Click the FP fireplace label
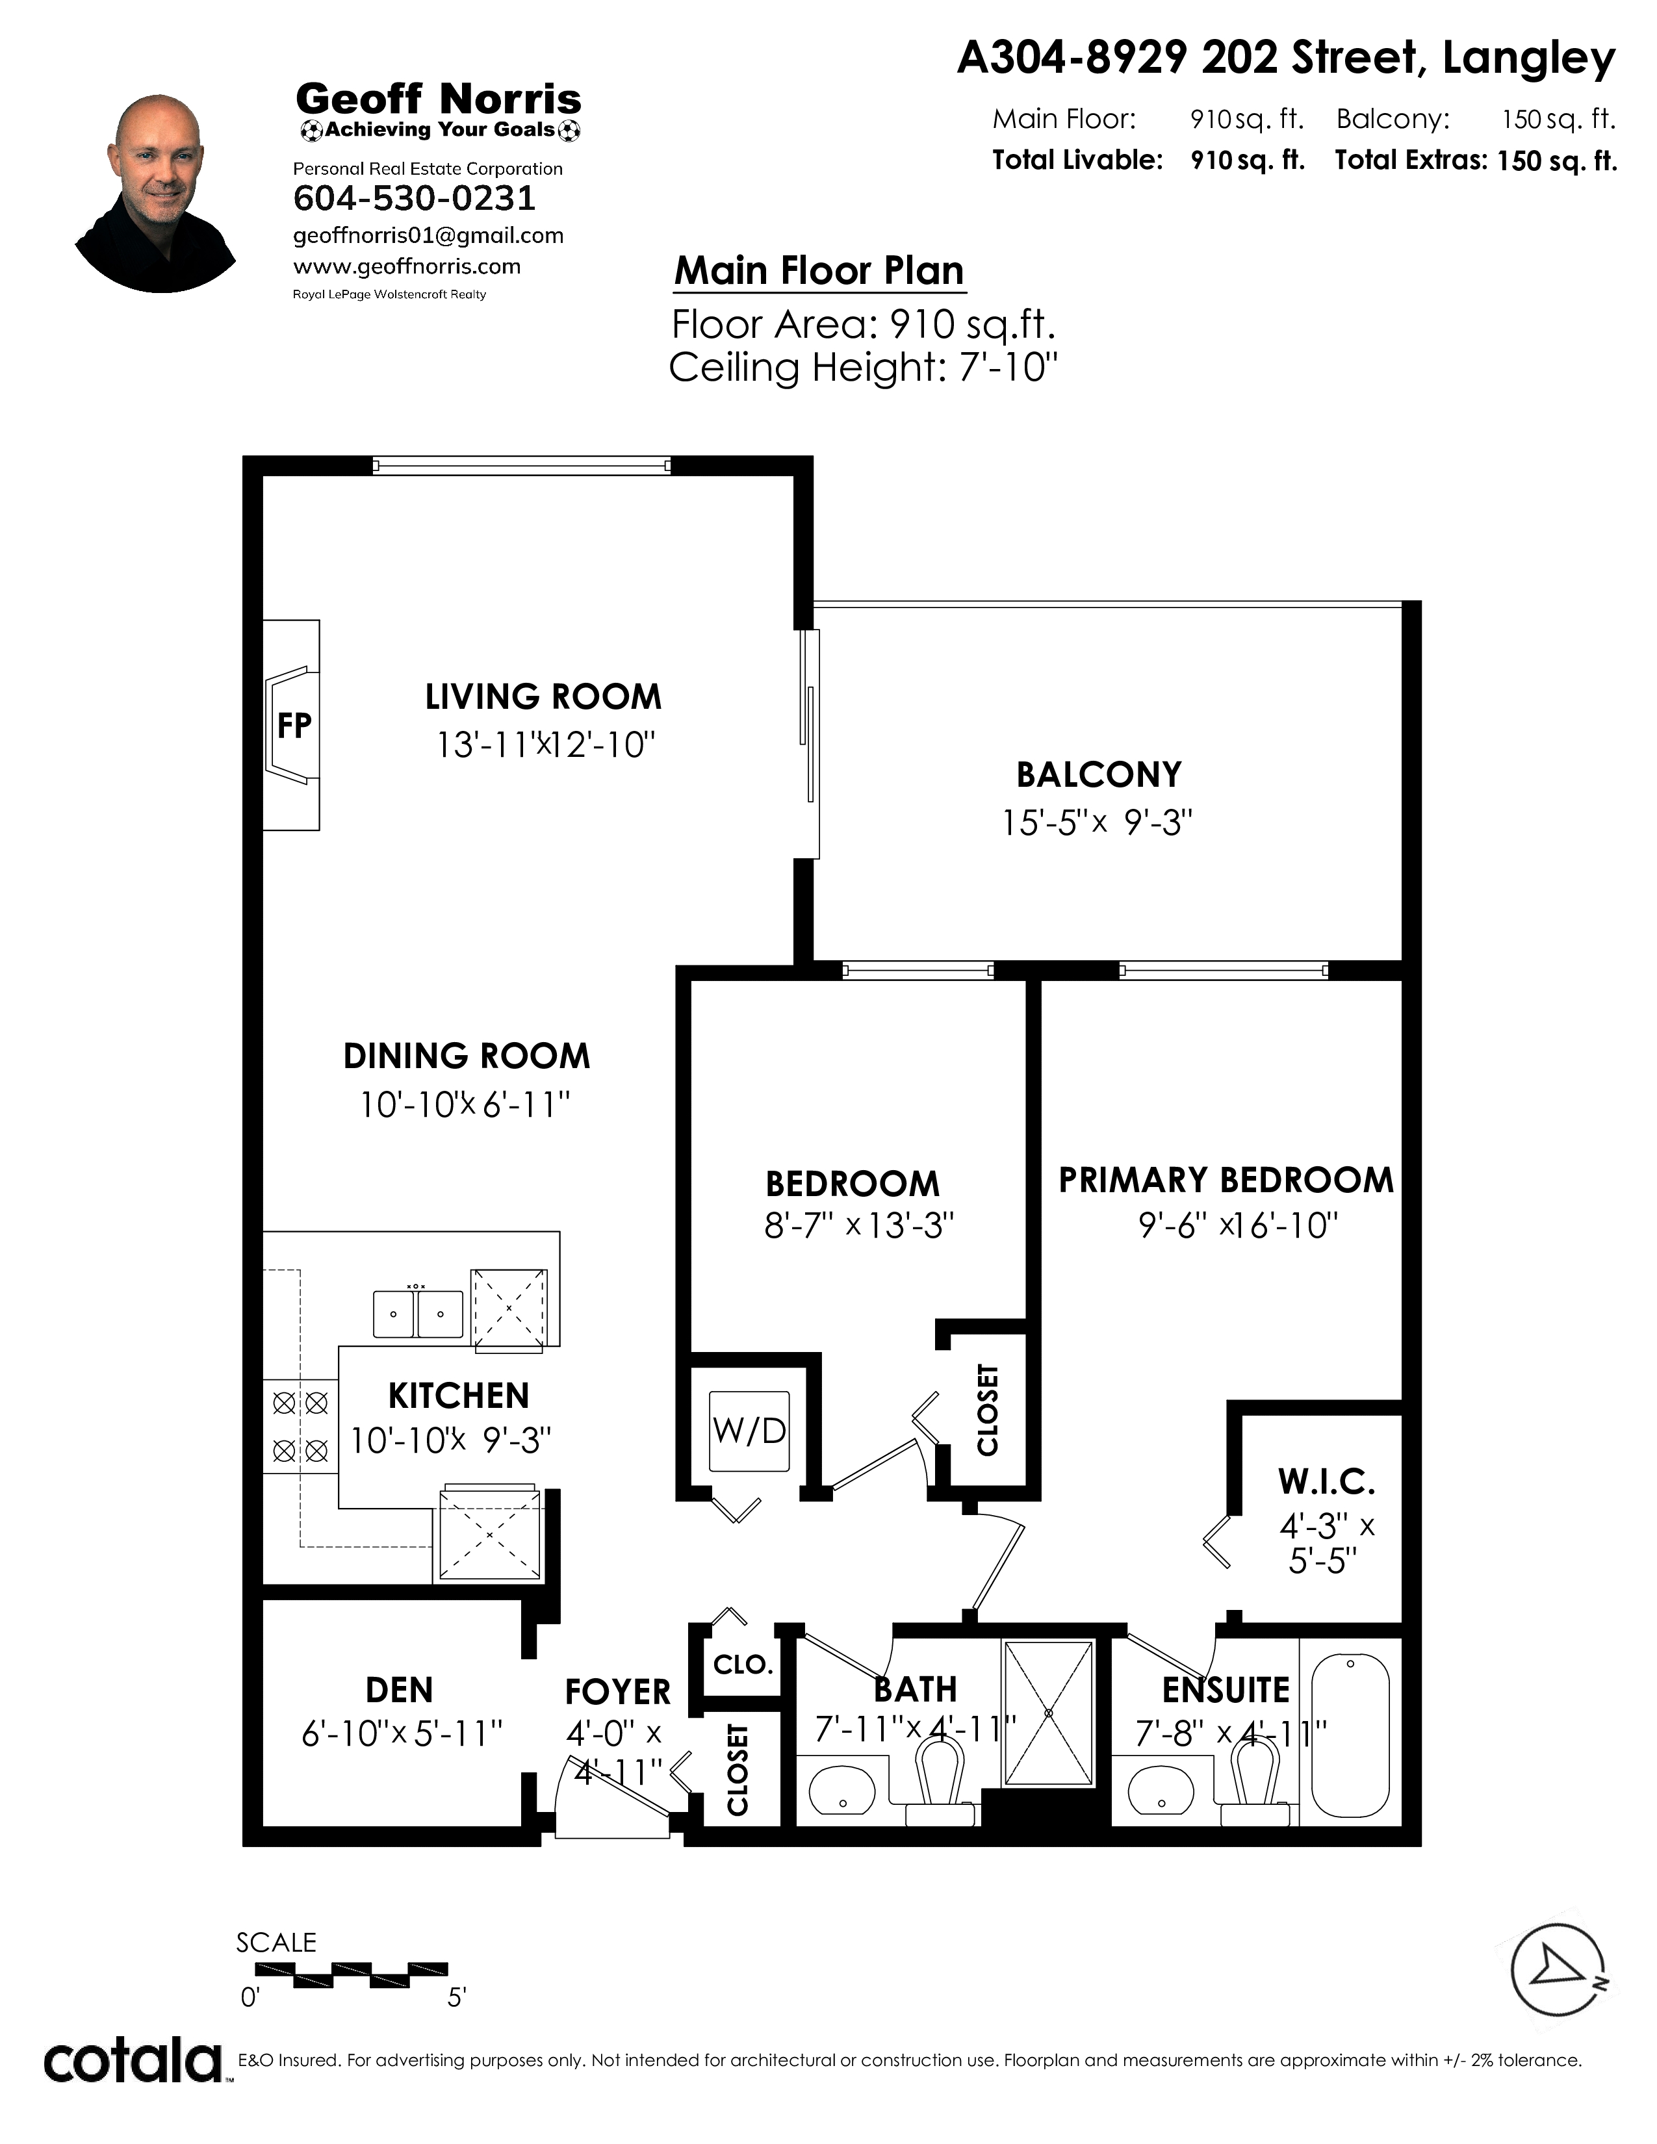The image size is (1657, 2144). click(294, 726)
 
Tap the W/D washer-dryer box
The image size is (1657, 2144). click(750, 1431)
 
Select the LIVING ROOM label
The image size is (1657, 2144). click(543, 697)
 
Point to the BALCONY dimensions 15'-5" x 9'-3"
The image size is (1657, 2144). click(1096, 822)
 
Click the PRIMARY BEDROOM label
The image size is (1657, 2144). click(1226, 1179)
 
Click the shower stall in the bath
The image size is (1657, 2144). click(1048, 1713)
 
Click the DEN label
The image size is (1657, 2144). click(400, 1689)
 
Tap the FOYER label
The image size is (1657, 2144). click(617, 1691)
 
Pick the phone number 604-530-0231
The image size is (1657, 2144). click(415, 198)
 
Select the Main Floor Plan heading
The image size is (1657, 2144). click(819, 271)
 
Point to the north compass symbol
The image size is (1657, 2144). click(1559, 1969)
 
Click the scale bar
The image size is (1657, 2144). click(352, 1975)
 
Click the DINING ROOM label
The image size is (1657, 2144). click(467, 1056)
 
